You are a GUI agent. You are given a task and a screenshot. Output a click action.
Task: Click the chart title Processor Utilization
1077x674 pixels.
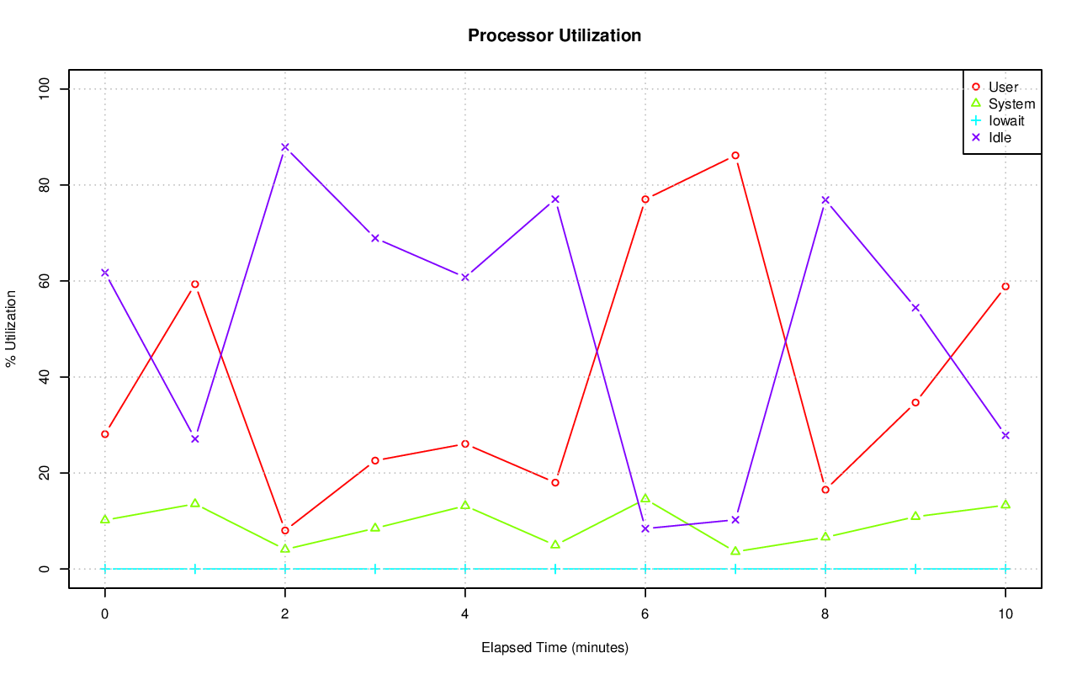[554, 35]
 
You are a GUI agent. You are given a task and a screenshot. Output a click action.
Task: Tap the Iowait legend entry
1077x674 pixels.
[1006, 121]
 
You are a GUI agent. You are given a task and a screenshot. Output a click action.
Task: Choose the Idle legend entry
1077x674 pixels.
[1000, 138]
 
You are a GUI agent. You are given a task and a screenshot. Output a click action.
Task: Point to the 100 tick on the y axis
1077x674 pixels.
[45, 89]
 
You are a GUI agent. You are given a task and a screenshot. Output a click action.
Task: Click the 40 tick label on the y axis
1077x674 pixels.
[45, 377]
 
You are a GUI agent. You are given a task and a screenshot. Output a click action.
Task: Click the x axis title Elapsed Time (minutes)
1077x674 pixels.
[554, 648]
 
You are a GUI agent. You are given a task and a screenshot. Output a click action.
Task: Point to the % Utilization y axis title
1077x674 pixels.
[12, 329]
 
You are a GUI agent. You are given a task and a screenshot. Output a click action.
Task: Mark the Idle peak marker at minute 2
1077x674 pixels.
[285, 147]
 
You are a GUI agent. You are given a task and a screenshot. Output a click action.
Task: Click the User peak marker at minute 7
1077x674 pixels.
[735, 156]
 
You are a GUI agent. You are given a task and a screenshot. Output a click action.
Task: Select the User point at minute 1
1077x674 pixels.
[195, 284]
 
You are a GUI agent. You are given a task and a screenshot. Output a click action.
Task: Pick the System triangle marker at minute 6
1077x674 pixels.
[645, 498]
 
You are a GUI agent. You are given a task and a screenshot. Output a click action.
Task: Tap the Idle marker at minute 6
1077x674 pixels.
[645, 528]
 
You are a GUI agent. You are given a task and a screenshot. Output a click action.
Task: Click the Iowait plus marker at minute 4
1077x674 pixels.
[465, 569]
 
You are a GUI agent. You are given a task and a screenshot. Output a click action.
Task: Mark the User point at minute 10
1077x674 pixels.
[1005, 287]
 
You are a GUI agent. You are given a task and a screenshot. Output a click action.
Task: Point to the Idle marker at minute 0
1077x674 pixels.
[105, 273]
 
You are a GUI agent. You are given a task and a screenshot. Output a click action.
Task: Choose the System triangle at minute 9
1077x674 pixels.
[915, 516]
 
